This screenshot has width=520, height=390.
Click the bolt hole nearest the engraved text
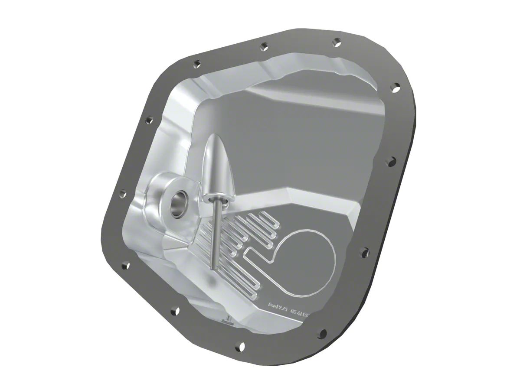coord(322,333)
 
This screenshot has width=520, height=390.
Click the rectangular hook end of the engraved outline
coord(249,253)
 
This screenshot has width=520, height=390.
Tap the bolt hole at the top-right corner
coord(396,88)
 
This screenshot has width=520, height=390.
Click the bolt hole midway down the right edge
coord(391,162)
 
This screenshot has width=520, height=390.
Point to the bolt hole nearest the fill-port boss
coord(123,194)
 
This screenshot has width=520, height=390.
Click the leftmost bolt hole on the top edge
coord(196,64)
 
